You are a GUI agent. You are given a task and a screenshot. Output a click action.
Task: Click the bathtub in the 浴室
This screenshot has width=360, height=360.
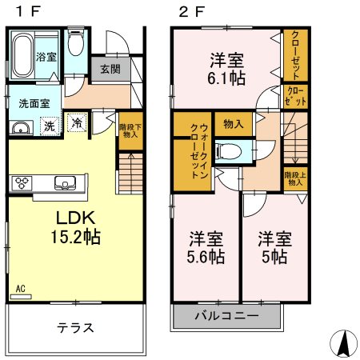tap(23, 55)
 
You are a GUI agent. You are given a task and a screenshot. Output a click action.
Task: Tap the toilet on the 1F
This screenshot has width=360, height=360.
tap(76, 41)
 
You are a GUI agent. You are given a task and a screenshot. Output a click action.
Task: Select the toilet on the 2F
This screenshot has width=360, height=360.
tap(230, 151)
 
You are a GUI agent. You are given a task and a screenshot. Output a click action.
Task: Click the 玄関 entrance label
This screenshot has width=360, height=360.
tap(110, 70)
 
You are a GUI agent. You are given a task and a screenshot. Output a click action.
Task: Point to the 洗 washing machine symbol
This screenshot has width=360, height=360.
tap(50, 126)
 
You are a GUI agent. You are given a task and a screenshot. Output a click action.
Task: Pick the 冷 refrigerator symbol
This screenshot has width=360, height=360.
tap(77, 122)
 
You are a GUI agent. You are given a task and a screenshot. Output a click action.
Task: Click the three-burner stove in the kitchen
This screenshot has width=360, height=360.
tap(22, 183)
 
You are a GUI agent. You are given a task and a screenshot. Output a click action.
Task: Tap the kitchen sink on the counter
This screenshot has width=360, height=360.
tap(66, 183)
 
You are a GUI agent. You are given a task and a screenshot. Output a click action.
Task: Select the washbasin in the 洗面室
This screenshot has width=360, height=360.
tap(21, 127)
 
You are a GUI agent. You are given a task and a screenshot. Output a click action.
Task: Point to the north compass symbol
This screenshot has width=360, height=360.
tap(343, 343)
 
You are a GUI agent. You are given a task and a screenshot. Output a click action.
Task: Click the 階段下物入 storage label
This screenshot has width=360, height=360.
tap(130, 130)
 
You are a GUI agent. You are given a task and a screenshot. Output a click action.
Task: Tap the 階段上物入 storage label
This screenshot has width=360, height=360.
tap(295, 179)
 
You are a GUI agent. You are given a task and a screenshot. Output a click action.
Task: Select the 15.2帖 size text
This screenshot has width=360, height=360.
tap(76, 237)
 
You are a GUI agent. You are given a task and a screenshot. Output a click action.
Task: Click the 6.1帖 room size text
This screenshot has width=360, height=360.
tap(226, 78)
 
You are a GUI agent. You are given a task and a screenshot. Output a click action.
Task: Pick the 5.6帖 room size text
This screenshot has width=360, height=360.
tap(206, 257)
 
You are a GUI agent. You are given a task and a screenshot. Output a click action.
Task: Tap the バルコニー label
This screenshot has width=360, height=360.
tap(227, 316)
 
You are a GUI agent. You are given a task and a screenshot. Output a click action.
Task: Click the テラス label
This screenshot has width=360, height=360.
tap(76, 328)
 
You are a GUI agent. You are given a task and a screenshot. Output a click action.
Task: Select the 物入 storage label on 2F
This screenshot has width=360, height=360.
tap(234, 124)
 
